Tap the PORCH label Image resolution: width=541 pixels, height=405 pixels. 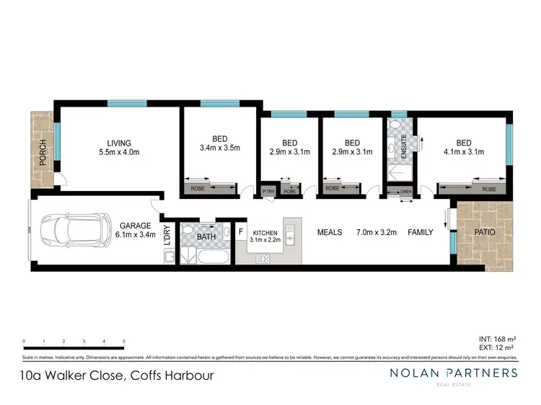43,153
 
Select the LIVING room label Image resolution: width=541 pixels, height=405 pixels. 119,142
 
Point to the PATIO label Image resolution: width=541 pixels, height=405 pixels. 483,232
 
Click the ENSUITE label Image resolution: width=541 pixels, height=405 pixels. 404,147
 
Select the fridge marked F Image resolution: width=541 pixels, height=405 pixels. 242,232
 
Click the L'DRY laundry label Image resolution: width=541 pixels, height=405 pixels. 167,236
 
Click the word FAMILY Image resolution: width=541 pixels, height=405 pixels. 421,232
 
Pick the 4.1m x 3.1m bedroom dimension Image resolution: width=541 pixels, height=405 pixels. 464,151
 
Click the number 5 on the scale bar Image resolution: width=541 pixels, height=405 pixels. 124,340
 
